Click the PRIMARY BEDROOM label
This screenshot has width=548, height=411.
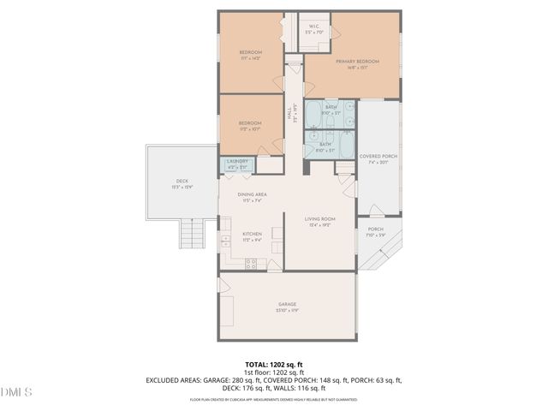pyautogui.click(x=357, y=62)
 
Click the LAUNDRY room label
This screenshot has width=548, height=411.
pyautogui.click(x=238, y=161)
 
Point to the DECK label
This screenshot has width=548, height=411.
pyautogui.click(x=182, y=181)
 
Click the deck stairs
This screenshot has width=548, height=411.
pyautogui.click(x=193, y=233)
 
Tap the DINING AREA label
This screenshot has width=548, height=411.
pyautogui.click(x=253, y=194)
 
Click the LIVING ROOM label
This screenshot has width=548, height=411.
pyautogui.click(x=320, y=219)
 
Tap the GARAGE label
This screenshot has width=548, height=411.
pyautogui.click(x=287, y=304)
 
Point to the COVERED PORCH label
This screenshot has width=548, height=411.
pyautogui.click(x=378, y=157)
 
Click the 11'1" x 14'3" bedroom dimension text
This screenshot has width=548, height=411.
pyautogui.click(x=251, y=58)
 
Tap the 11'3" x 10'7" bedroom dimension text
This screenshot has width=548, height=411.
pyautogui.click(x=251, y=129)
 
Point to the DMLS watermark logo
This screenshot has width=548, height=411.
pyautogui.click(x=17, y=392)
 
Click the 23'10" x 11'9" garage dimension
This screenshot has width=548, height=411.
pyautogui.click(x=287, y=310)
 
